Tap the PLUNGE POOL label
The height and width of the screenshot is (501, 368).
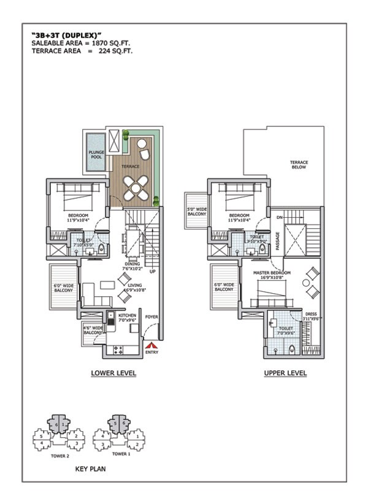[96, 154]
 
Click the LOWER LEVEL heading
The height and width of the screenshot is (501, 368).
[113, 373]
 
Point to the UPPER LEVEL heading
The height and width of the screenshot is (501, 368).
[285, 373]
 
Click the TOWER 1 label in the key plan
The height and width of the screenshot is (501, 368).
[120, 454]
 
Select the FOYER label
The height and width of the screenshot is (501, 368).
[151, 316]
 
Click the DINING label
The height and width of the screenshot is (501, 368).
[132, 264]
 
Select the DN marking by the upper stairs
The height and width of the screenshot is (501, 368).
[279, 217]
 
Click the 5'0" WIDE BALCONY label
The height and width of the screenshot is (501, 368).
[196, 212]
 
